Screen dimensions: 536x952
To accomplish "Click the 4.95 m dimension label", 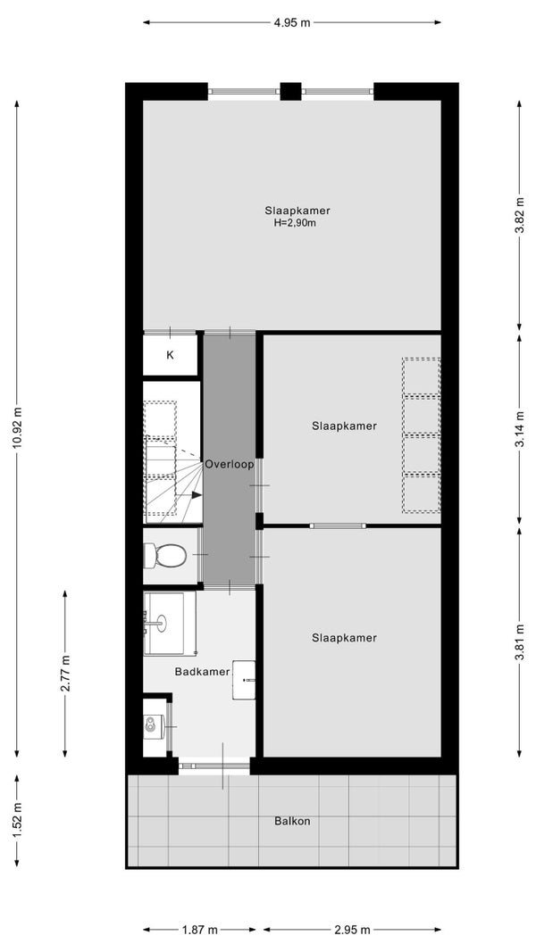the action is [x=292, y=23].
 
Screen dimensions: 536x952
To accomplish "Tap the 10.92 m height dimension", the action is [x=16, y=428].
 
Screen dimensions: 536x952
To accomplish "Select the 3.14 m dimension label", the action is [x=519, y=430].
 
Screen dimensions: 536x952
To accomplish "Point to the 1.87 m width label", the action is [x=199, y=930].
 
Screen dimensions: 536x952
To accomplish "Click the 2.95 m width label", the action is [x=352, y=930].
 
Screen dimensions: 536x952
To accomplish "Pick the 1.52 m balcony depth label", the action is [x=16, y=820].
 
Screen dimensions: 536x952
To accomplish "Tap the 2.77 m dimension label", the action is [x=65, y=673].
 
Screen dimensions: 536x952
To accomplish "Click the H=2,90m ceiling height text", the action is [x=296, y=223].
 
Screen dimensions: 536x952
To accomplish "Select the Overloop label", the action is [x=229, y=465].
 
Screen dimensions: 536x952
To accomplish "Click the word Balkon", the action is [x=292, y=822].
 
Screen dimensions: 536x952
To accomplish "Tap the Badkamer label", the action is [x=203, y=672].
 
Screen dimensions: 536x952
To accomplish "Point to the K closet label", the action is [x=170, y=355].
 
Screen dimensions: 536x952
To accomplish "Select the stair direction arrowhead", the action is [x=197, y=495].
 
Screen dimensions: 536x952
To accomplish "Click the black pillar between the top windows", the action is [x=290, y=91].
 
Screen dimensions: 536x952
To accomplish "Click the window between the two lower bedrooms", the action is [x=338, y=526].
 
